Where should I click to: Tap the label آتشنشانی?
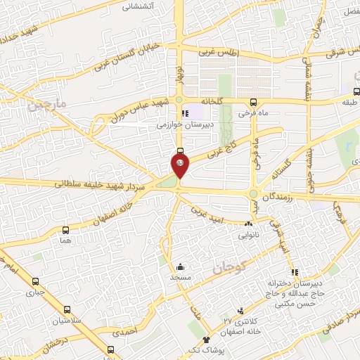coord(139,6)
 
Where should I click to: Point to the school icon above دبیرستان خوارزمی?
coord(185,113)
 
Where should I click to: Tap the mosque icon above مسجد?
coord(180,266)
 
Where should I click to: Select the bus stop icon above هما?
coord(66,230)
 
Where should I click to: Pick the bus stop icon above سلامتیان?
coord(67,309)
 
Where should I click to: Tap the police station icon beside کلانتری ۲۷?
coord(241,310)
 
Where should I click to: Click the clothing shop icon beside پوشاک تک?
coord(206,340)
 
